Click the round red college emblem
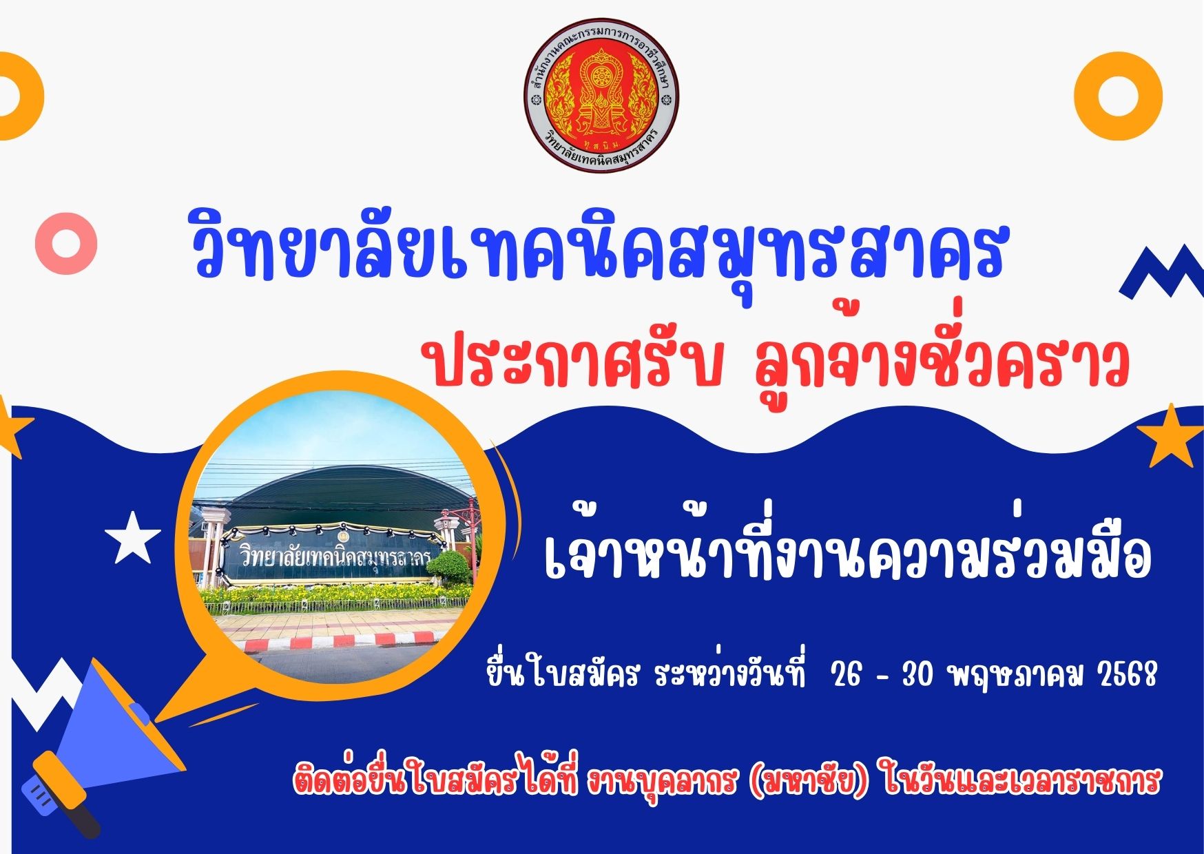coord(601,95)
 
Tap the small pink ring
coord(66,243)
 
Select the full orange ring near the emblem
coord(1119,96)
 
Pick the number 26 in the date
coord(847,676)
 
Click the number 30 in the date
coord(917,676)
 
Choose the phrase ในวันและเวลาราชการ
coord(1021,782)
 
